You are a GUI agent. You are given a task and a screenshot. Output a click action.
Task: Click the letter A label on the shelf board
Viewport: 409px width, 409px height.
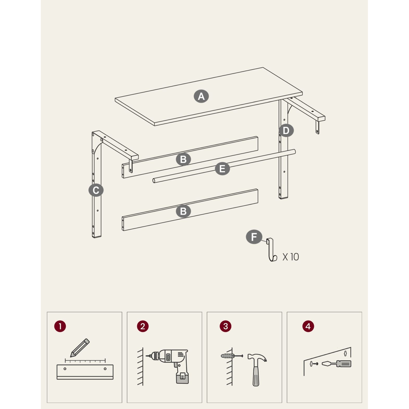pyautogui.click(x=201, y=96)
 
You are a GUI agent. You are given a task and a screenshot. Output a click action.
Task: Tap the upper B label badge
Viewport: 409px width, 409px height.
pyautogui.click(x=183, y=159)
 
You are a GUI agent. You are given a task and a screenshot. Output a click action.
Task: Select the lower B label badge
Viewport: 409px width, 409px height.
pyautogui.click(x=183, y=211)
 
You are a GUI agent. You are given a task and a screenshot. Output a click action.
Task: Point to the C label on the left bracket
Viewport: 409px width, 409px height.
pyautogui.click(x=96, y=190)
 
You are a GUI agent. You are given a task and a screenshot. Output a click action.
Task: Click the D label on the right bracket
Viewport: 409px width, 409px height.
pyautogui.click(x=286, y=130)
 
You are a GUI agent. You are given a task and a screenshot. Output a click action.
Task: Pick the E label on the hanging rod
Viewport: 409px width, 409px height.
pyautogui.click(x=222, y=169)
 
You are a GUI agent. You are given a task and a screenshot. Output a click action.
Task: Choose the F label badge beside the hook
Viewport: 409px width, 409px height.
pyautogui.click(x=254, y=237)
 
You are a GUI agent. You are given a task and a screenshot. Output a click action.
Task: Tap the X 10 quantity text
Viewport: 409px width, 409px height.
pyautogui.click(x=291, y=257)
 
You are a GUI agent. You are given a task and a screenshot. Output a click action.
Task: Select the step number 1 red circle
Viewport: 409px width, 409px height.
pyautogui.click(x=60, y=326)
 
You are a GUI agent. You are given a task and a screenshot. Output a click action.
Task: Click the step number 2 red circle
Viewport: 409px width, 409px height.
pyautogui.click(x=143, y=326)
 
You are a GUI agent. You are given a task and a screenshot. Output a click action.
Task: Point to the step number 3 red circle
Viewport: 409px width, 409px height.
pyautogui.click(x=226, y=326)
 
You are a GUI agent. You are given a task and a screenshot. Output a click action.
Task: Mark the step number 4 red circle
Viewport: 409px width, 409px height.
pyautogui.click(x=308, y=326)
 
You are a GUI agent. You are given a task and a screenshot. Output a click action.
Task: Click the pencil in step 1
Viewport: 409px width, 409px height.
pyautogui.click(x=80, y=348)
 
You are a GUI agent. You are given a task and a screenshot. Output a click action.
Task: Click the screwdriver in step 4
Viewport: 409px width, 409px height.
pyautogui.click(x=336, y=364)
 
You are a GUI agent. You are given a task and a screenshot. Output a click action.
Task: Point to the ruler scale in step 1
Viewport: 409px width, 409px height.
pyautogui.click(x=85, y=361)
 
